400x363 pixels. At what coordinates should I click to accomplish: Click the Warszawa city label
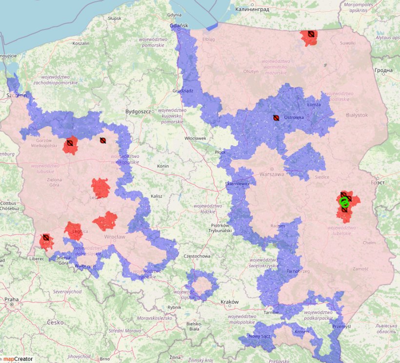click(271, 174)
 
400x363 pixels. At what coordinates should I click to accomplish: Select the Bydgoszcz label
click(138, 112)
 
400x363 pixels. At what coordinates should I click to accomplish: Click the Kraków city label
click(230, 302)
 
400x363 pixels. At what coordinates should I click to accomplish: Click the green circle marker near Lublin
click(344, 202)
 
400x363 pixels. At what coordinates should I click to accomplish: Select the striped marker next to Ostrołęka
click(276, 118)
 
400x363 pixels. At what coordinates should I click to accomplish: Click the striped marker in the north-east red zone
click(311, 34)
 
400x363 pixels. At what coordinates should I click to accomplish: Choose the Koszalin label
click(80, 43)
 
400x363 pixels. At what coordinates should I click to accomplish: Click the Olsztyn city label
click(251, 71)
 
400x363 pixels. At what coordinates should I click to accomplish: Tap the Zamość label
click(361, 269)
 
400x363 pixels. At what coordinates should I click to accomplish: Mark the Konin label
click(162, 167)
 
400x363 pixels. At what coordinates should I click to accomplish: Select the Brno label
click(104, 359)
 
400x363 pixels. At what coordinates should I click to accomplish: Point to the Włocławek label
click(195, 138)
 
